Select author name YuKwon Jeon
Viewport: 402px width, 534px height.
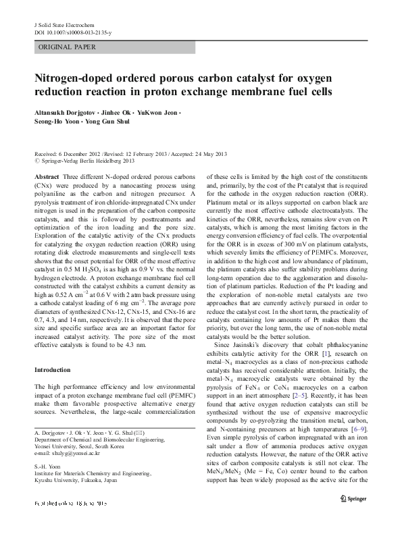pos(159,110)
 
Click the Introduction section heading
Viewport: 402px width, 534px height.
pos(52,370)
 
